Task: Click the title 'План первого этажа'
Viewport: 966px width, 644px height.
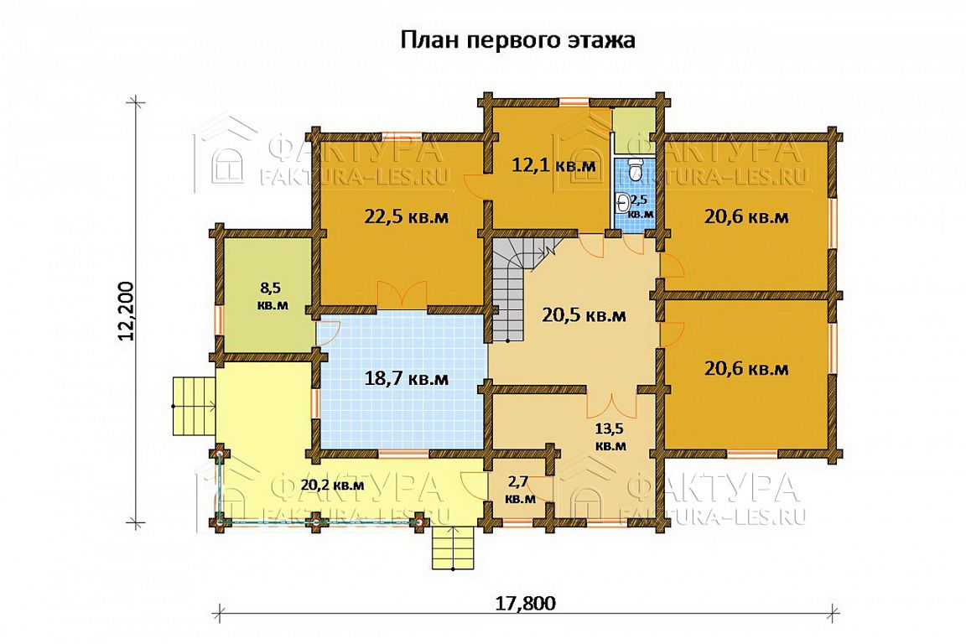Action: pyautogui.click(x=517, y=41)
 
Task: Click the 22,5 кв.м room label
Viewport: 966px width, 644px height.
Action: pyautogui.click(x=405, y=217)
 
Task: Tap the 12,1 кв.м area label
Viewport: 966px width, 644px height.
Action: pyautogui.click(x=553, y=165)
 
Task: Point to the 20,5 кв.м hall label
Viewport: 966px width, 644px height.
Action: pyautogui.click(x=584, y=315)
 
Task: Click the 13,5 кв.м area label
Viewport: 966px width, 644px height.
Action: pyautogui.click(x=610, y=435)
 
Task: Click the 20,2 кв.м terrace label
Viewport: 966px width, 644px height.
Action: pyautogui.click(x=332, y=485)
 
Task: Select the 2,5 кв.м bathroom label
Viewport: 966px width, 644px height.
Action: pyautogui.click(x=641, y=205)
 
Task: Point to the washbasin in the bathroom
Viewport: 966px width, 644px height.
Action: pyautogui.click(x=622, y=200)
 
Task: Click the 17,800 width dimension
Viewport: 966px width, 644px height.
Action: pyautogui.click(x=526, y=603)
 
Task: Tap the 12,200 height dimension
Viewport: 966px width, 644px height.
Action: pyautogui.click(x=125, y=311)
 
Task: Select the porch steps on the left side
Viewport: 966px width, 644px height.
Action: pyautogui.click(x=194, y=407)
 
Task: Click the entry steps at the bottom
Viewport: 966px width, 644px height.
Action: pyautogui.click(x=454, y=548)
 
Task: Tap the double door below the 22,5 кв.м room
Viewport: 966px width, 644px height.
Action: pyautogui.click(x=402, y=294)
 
